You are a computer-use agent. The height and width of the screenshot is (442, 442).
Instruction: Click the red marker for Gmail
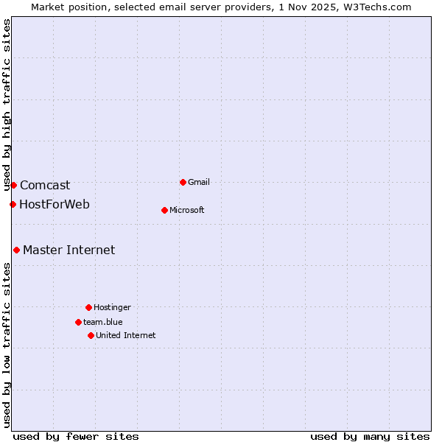click(183, 182)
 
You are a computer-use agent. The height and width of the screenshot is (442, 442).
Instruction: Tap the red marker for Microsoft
click(164, 210)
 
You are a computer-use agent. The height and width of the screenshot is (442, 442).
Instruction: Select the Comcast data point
click(13, 185)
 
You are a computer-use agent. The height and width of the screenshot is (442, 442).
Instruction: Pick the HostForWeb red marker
click(13, 204)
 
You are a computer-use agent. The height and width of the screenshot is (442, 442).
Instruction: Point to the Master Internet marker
click(16, 250)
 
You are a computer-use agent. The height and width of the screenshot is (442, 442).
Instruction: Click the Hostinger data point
click(88, 307)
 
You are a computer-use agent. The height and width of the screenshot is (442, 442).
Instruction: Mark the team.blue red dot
click(78, 322)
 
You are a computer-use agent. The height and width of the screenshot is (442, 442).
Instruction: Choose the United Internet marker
click(91, 335)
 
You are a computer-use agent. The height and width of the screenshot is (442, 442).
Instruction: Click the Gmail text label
click(200, 182)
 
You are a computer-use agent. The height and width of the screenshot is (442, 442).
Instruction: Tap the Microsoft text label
click(187, 210)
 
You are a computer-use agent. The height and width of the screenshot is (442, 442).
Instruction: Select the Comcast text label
click(45, 186)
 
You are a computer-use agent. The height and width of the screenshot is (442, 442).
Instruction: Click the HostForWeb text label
click(55, 204)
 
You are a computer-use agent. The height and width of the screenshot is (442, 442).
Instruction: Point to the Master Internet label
click(69, 250)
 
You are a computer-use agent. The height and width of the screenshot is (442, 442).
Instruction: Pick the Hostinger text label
click(112, 307)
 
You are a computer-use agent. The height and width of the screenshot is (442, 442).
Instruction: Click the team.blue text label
click(103, 322)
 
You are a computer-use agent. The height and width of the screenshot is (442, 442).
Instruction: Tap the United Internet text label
click(126, 335)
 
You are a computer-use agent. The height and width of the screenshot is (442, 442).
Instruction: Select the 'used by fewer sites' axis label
click(76, 436)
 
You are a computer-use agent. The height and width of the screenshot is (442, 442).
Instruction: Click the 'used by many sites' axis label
click(370, 436)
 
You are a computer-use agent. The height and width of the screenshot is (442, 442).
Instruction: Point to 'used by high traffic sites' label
click(7, 105)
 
